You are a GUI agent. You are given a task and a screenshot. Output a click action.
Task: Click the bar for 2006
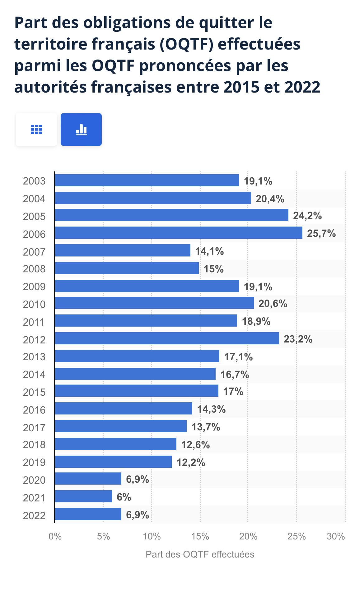click(178, 233)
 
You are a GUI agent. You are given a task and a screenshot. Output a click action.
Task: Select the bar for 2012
click(167, 338)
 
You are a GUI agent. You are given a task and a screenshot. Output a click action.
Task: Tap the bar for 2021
click(83, 496)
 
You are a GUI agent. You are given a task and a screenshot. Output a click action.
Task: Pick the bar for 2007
click(123, 251)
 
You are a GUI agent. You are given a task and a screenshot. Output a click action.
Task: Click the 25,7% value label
click(321, 233)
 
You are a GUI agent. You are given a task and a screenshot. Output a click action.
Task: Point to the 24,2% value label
click(307, 216)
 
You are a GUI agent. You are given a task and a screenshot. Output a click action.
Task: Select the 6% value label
click(124, 497)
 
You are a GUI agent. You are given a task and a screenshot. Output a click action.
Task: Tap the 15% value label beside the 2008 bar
click(214, 269)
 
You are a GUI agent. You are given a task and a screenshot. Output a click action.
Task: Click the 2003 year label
click(34, 181)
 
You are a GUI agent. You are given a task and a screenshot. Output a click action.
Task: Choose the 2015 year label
click(34, 392)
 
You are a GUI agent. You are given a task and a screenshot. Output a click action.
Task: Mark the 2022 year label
click(34, 516)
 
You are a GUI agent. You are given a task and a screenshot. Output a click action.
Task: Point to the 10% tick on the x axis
click(152, 536)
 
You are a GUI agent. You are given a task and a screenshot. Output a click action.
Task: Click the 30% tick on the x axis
click(336, 536)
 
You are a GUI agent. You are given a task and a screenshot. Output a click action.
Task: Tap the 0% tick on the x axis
click(55, 536)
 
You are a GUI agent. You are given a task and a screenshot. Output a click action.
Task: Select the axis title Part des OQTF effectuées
click(200, 554)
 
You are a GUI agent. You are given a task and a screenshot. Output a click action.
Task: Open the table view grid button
click(36, 129)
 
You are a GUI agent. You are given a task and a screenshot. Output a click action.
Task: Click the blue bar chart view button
click(81, 129)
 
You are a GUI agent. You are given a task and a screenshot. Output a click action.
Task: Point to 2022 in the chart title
click(302, 87)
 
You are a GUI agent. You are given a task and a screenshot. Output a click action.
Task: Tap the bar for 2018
click(115, 444)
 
